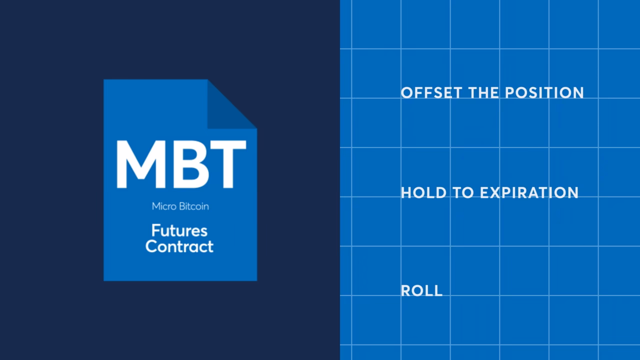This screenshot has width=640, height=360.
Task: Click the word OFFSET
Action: pyautogui.click(x=431, y=93)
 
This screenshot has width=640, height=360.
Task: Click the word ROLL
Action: pyautogui.click(x=421, y=291)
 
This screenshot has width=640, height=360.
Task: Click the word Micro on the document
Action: pyautogui.click(x=164, y=206)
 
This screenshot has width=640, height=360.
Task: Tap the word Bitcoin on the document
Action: pyautogui.click(x=194, y=206)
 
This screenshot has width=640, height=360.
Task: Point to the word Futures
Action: pyautogui.click(x=179, y=231)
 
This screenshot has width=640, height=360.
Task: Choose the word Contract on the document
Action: pyautogui.click(x=179, y=246)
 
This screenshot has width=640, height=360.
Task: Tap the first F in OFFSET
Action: pyautogui.click(x=417, y=93)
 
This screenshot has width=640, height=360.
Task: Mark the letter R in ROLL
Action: pyautogui.click(x=405, y=291)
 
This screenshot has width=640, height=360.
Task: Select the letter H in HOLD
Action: pyautogui.click(x=406, y=193)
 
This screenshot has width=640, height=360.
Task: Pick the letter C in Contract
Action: pyautogui.click(x=151, y=246)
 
